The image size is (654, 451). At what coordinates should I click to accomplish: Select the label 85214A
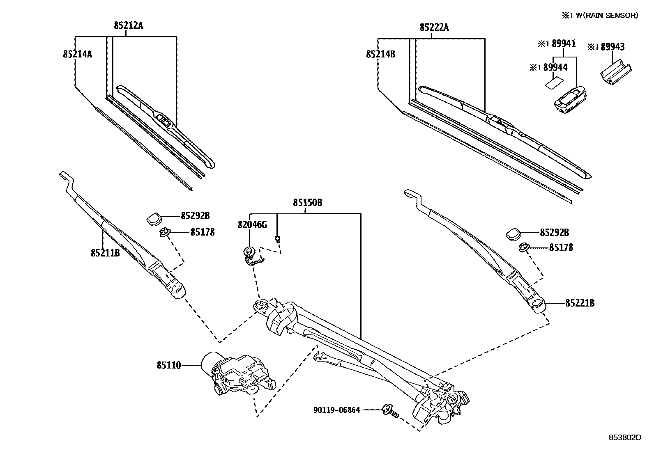(x=77, y=54)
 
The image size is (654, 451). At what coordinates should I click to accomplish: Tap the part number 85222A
(x=434, y=28)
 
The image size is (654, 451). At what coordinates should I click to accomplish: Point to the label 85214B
(x=380, y=54)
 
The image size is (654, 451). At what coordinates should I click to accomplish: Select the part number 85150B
(x=307, y=203)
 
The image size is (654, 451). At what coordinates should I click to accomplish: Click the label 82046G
(x=252, y=224)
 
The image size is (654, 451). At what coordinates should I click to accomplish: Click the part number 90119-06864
(x=336, y=410)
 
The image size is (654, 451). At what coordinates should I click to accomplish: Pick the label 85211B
(x=105, y=253)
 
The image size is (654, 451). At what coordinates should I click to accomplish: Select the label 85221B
(x=580, y=303)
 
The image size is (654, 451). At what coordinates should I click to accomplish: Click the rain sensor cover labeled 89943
(x=615, y=73)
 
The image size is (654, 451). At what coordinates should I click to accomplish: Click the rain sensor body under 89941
(x=570, y=99)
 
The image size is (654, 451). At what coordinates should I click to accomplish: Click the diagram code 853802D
(x=624, y=437)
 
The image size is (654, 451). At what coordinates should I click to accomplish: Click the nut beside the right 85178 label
(x=523, y=247)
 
